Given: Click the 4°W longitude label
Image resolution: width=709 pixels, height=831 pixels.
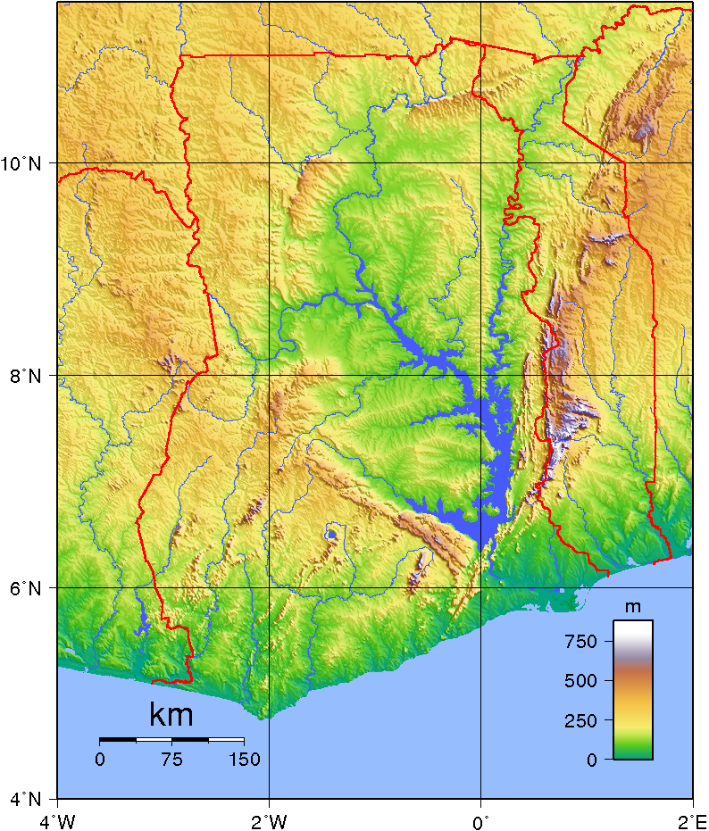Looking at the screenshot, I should (x=58, y=819).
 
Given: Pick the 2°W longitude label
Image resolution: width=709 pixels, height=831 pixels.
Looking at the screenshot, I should (x=269, y=819).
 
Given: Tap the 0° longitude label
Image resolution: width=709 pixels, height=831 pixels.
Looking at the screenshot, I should (x=481, y=819).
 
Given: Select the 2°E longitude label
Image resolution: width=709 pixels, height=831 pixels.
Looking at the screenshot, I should (x=692, y=819).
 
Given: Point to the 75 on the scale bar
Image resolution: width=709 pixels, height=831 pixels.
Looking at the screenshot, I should (x=171, y=760).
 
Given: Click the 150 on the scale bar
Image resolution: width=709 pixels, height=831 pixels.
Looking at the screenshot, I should (x=244, y=760).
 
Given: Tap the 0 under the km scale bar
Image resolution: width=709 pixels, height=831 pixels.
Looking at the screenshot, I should (x=100, y=760).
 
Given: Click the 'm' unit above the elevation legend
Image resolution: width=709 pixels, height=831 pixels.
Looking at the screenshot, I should (x=633, y=608).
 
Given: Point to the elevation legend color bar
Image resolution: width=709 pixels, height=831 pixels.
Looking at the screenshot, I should (x=633, y=689).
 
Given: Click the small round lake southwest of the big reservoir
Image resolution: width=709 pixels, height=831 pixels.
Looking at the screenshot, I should (x=331, y=535).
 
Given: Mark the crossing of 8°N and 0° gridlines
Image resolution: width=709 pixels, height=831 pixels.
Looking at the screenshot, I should (x=480, y=376).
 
